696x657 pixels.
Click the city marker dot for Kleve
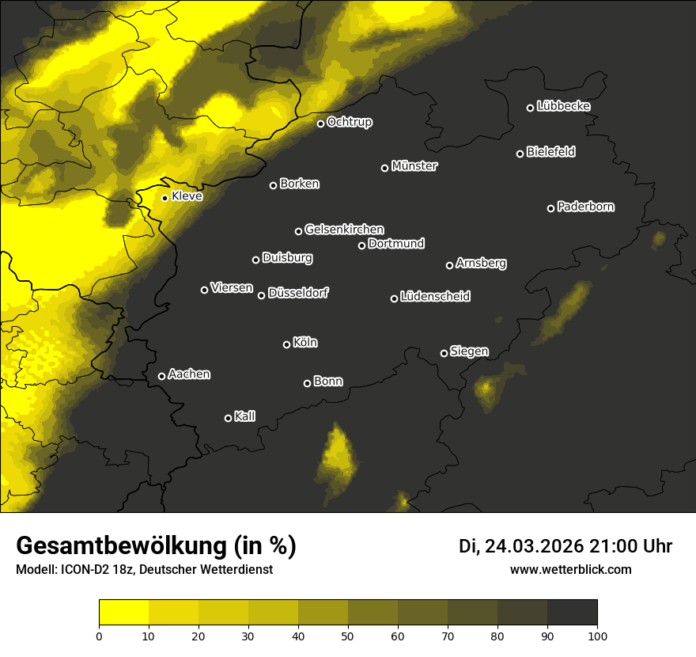tap(165, 198)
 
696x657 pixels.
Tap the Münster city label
tap(414, 166)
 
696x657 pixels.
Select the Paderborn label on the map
tap(585, 207)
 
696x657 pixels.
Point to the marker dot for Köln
tap(286, 344)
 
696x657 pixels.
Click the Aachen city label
tap(189, 374)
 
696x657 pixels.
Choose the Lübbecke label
tap(563, 106)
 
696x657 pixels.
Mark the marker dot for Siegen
tap(444, 353)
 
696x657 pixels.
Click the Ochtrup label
tap(349, 122)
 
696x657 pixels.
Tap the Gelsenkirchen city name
tap(344, 230)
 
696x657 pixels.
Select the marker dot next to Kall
tap(228, 418)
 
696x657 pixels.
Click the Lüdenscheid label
tap(435, 297)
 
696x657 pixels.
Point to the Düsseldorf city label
tap(298, 293)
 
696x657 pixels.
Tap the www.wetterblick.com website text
tap(570, 569)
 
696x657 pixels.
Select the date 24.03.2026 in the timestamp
tap(535, 546)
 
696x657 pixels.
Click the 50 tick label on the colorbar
tap(348, 636)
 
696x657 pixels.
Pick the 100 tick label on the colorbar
tap(596, 636)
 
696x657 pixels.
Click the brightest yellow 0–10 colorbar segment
tap(123, 613)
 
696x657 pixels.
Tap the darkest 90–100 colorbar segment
tap(572, 613)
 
